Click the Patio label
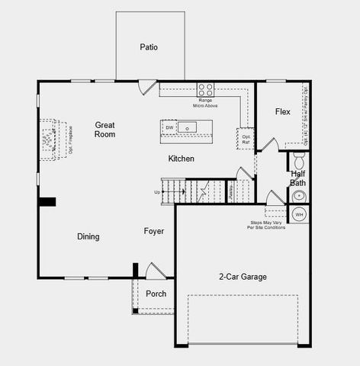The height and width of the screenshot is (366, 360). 149,47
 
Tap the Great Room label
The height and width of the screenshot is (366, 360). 105,129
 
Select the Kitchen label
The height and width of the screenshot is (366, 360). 181,159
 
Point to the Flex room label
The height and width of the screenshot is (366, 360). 282,112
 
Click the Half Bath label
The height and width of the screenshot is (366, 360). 298,178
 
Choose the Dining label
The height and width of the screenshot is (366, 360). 88,236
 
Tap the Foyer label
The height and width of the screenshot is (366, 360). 155,230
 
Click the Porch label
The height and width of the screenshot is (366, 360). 156,294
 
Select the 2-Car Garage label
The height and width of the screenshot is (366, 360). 243,277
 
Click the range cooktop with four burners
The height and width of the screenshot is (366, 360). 206,88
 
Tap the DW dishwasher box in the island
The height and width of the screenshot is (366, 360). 169,127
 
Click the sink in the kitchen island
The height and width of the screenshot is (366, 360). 188,127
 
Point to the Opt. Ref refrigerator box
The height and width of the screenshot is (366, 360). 246,138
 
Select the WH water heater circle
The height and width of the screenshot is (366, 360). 299,214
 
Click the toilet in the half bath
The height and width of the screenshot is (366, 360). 299,161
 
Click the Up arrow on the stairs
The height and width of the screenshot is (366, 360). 158,191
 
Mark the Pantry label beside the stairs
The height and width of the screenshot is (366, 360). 231,191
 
